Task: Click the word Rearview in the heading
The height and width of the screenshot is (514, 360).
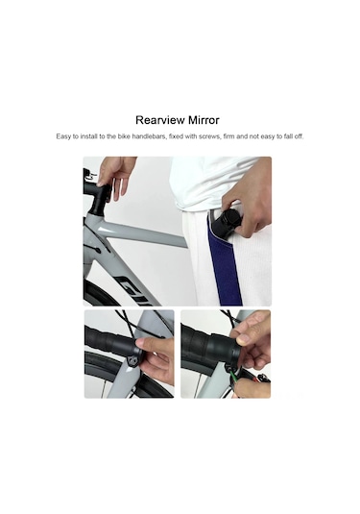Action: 160,120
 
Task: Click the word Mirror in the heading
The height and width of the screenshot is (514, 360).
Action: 204,120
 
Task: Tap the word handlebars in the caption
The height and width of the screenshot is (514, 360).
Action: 149,136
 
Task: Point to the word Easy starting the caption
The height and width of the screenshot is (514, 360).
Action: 62,136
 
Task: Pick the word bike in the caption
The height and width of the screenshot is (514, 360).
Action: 124,136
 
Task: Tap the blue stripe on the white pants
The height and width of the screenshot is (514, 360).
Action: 225,262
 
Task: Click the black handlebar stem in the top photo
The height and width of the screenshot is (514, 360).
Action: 98,197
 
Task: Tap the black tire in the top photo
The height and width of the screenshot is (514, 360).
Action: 98,292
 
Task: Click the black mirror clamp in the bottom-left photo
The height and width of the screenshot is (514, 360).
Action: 133,361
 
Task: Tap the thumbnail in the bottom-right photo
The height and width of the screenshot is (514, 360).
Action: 243,338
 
